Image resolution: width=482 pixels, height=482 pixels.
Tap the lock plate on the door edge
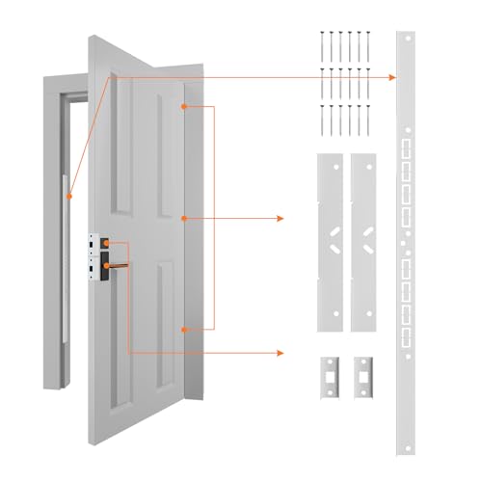pyautogui.click(x=97, y=259)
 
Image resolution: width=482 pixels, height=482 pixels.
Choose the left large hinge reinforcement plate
pyautogui.click(x=331, y=241)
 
